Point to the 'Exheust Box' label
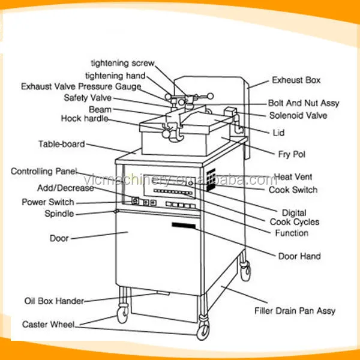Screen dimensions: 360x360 [296, 80]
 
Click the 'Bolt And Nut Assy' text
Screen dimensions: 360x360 [303, 103]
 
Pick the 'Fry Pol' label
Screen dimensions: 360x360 [291, 154]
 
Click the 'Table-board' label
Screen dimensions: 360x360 [61, 144]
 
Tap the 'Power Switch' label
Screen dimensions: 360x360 [48, 202]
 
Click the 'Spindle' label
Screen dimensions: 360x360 [59, 214]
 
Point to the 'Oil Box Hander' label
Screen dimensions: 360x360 [53, 301]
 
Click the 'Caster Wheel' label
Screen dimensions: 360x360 [49, 325]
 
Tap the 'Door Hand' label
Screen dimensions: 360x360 [299, 256]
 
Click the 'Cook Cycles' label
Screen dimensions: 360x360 [294, 222]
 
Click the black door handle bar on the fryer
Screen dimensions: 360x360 [184, 225]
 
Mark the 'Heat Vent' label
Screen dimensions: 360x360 [293, 177]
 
